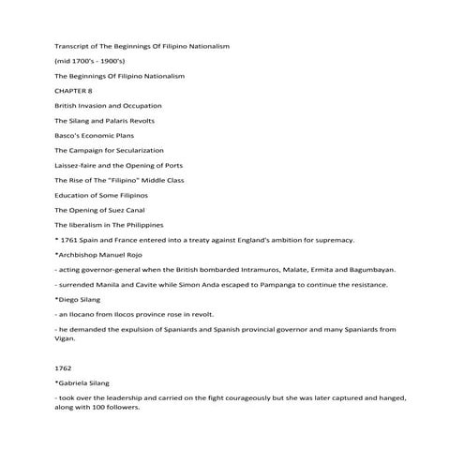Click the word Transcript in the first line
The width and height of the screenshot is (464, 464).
(x=73, y=45)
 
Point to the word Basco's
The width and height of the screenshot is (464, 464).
(x=68, y=135)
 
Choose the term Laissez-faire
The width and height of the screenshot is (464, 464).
(x=77, y=165)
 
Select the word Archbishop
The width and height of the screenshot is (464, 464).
(x=80, y=254)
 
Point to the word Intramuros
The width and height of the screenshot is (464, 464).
(x=258, y=269)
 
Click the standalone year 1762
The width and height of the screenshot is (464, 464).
(x=64, y=368)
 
